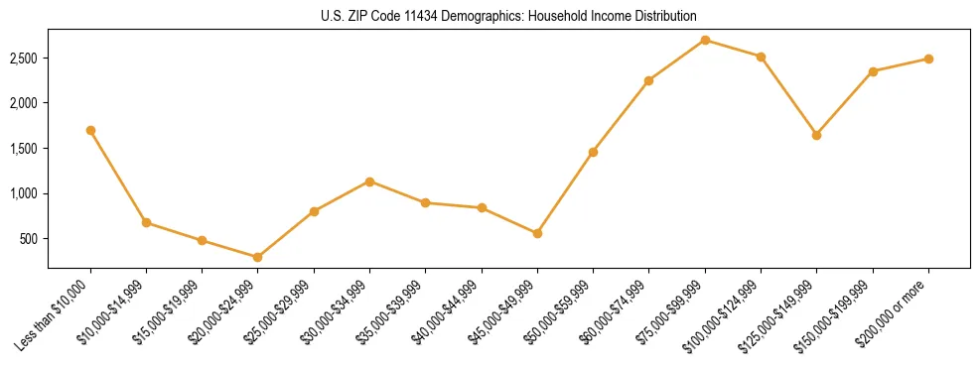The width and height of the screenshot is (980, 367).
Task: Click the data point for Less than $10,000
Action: click(90, 130)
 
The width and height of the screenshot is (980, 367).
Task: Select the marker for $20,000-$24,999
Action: click(258, 257)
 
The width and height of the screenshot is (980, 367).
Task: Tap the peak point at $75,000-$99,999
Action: click(705, 40)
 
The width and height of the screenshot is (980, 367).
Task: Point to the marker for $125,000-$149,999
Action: click(816, 135)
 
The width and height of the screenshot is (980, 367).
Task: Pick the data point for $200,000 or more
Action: click(928, 59)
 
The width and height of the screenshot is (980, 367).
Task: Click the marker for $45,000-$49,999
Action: click(537, 233)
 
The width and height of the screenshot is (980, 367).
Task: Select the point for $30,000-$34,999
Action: click(369, 182)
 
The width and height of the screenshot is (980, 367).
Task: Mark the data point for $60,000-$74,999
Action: click(648, 80)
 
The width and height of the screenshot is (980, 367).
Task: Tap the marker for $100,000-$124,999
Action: click(761, 57)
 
